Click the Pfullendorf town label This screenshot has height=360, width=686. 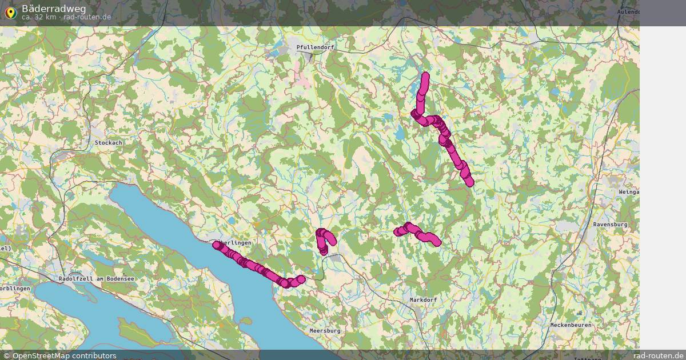[x=315, y=47]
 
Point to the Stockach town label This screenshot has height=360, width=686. [x=109, y=142]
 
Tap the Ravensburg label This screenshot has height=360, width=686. [x=610, y=225]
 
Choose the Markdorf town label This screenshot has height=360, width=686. [x=424, y=299]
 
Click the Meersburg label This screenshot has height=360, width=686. [x=325, y=330]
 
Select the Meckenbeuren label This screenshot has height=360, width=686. [x=570, y=325]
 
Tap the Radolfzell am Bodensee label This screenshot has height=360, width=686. [x=96, y=278]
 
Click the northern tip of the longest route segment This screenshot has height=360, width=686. [x=425, y=76]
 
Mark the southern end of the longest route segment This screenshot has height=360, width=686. [x=470, y=182]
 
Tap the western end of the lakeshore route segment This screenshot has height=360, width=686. [x=216, y=245]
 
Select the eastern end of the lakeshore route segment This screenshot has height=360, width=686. [x=301, y=279]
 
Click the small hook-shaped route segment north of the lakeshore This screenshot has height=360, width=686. [x=324, y=240]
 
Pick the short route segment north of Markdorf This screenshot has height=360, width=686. [x=417, y=233]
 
